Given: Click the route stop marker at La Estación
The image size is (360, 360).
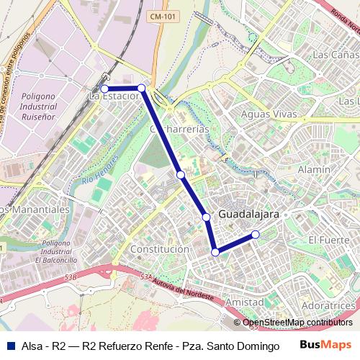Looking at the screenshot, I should coord(104,89).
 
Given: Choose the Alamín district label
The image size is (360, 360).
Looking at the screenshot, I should coord(314,169).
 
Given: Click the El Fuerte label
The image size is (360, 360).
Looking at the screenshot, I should coord(328,239).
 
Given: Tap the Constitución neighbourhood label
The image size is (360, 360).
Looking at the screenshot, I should coord(160,248).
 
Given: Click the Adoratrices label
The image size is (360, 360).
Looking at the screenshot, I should coord(329,306).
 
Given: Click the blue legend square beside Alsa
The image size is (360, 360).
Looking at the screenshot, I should coord(10,346).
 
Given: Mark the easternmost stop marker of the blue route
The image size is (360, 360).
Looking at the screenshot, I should coord(255,234).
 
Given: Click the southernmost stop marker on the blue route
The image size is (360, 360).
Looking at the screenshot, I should coord(215,252).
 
